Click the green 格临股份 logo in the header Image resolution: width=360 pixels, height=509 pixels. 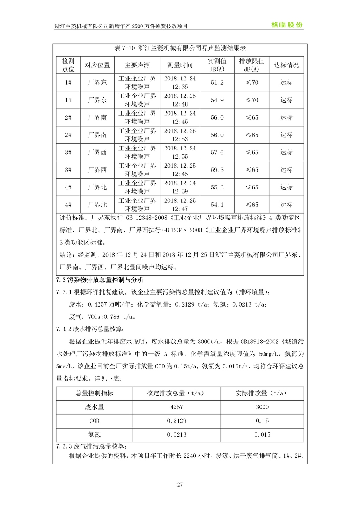tap(287, 25)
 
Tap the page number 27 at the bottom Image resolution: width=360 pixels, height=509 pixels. tap(180, 484)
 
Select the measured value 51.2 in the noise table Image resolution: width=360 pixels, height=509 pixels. tap(217, 83)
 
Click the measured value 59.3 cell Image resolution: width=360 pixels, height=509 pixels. tap(217, 170)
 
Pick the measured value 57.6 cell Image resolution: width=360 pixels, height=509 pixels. tap(217, 152)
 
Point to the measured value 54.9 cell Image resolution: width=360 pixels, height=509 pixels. tap(217, 100)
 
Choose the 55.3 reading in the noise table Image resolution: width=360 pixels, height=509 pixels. tap(217, 187)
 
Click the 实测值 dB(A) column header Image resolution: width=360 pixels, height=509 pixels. tap(217, 65)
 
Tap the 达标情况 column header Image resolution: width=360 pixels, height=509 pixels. tap(286, 65)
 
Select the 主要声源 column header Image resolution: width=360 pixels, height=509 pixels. tap(137, 65)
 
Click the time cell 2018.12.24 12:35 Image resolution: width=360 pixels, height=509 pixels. tap(180, 83)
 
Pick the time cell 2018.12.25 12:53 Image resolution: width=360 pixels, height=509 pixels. tap(180, 135)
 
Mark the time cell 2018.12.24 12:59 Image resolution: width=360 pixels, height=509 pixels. tap(180, 187)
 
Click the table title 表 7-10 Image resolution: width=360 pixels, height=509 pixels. tap(180, 48)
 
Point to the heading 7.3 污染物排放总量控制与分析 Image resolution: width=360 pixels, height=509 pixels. tap(100, 280)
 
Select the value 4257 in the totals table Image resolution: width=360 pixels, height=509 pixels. tap(176, 407)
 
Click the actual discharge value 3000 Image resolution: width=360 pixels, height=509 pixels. tap(262, 407)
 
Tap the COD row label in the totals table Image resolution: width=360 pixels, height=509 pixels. tap(94, 421)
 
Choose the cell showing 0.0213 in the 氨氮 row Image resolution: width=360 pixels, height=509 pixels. tap(176, 435)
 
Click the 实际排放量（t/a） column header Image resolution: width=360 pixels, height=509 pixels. tap(262, 393)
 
